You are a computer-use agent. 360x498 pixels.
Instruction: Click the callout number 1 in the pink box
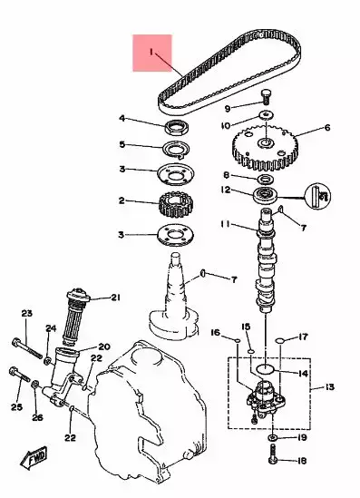151,53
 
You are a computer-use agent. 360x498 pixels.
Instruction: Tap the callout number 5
122,143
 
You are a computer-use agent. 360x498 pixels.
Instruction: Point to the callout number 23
26,313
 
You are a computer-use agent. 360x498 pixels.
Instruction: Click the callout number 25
15,407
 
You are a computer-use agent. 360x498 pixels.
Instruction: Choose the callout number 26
37,417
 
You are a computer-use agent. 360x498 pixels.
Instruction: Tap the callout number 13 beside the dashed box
328,387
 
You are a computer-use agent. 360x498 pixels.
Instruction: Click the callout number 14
303,373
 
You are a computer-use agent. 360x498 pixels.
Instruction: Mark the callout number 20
103,347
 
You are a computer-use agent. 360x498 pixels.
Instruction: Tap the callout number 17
305,336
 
